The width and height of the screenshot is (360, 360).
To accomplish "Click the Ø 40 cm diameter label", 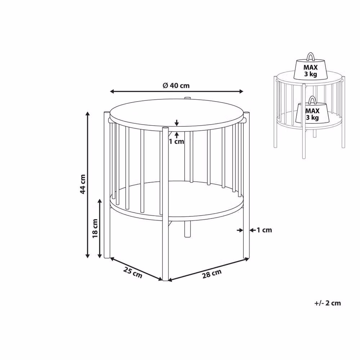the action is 176,86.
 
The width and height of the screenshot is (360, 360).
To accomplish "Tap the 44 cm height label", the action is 83,184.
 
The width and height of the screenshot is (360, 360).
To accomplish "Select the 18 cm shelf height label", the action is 95,229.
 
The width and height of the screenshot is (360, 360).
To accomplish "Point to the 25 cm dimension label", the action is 133,272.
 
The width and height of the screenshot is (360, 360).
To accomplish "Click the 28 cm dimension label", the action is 212,274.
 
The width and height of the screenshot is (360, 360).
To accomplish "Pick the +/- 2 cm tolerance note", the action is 328,303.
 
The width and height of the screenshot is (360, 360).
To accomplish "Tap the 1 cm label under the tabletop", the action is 176,141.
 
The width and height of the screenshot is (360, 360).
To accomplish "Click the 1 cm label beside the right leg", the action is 264,230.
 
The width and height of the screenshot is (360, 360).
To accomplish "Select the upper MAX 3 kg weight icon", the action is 310,66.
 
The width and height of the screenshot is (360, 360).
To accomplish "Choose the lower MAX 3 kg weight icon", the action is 312,110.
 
